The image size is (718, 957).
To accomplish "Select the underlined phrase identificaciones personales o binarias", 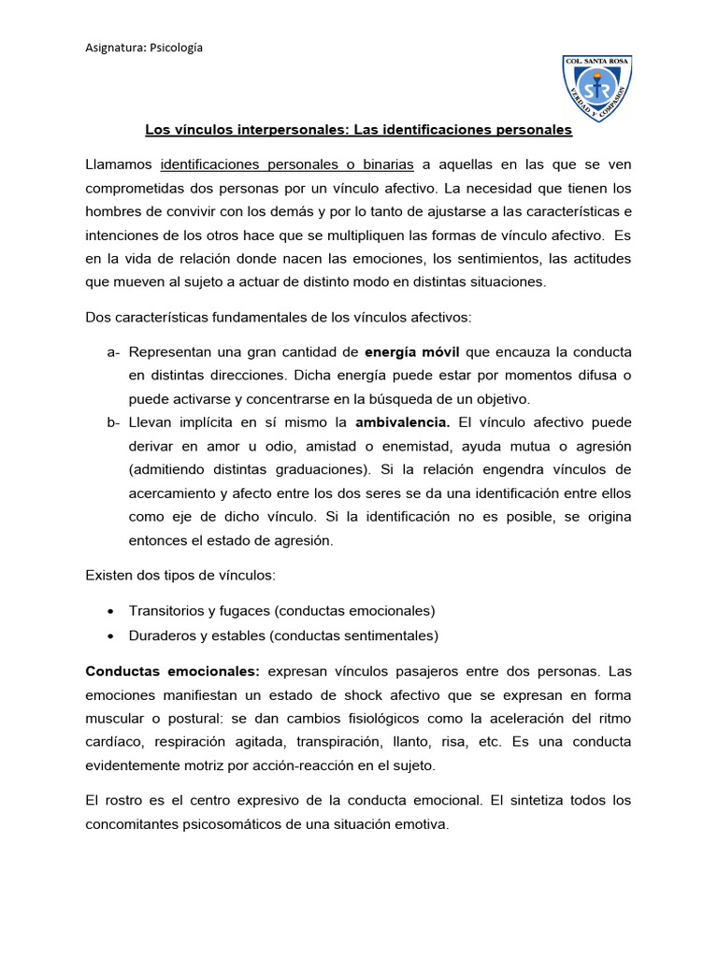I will coord(287,164).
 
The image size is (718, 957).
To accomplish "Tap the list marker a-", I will coord(113,351).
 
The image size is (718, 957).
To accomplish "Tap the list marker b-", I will coord(113,421).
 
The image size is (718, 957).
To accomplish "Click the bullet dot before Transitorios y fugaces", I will coord(112,611).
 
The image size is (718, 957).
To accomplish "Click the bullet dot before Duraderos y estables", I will coord(112,636).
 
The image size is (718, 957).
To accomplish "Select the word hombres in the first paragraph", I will coord(113,211).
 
